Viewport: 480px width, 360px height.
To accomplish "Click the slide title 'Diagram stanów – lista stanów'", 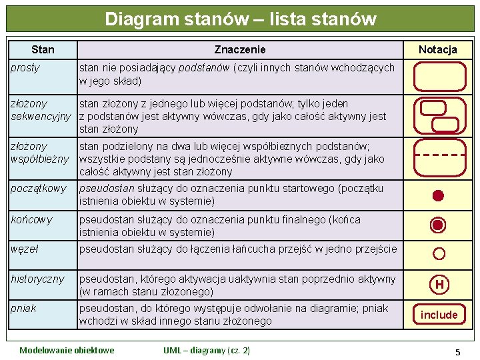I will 240,19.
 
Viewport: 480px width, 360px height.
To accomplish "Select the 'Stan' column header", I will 43,49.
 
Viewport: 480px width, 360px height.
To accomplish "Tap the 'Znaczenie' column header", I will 240,49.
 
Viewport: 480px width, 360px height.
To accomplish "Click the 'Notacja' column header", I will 437,49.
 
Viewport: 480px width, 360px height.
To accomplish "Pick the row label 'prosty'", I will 25,68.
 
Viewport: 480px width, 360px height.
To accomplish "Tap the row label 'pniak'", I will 23,309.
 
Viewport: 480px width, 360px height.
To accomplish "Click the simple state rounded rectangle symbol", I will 439,76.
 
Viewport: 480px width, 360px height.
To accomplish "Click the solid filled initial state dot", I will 438,195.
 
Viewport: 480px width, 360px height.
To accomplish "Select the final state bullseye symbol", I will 438,225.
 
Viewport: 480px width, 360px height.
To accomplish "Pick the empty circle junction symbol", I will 439,253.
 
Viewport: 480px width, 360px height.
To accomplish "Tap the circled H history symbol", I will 439,285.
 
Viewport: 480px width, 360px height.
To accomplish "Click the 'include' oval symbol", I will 439,314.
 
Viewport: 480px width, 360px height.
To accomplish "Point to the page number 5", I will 457,351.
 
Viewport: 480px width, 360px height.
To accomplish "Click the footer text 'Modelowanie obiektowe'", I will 67,351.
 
